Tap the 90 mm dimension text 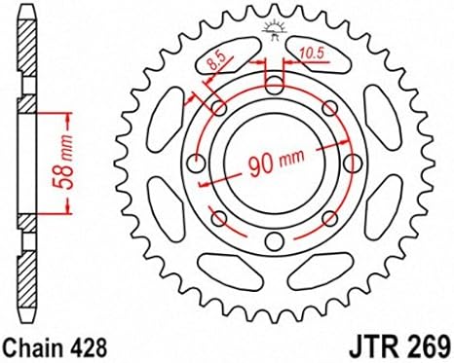tap(277, 162)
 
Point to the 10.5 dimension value tap(312, 54)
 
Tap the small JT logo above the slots tap(274, 30)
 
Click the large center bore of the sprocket tap(275, 163)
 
